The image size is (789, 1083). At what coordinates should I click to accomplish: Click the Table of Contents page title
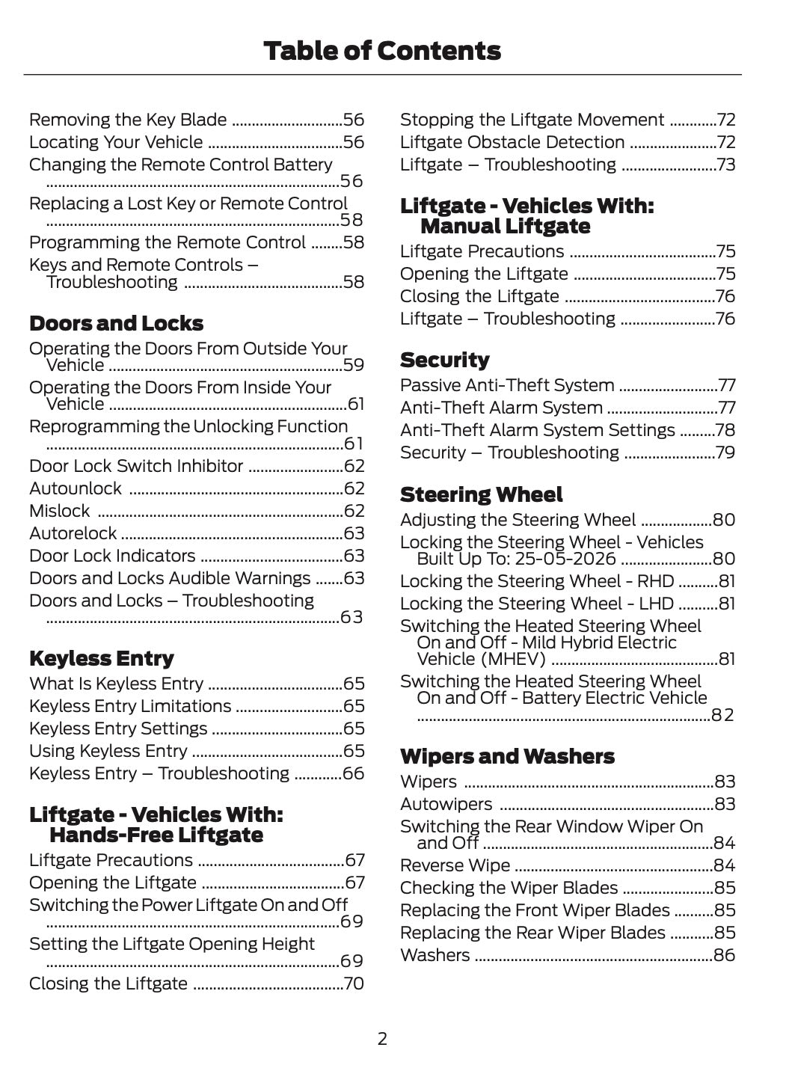coord(382,51)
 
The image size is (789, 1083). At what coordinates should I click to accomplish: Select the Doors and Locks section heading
coord(116,324)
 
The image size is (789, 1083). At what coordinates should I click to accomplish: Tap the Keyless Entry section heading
coord(101,659)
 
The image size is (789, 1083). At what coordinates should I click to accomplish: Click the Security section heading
coord(444,361)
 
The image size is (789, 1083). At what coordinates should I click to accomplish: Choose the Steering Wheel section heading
coord(481,495)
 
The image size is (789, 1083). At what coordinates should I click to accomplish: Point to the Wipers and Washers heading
coord(507,757)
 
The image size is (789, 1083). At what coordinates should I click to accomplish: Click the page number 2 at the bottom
coord(382,1039)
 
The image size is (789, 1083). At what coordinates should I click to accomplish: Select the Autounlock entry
coord(75,489)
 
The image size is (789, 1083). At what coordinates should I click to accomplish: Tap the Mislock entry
coord(59,512)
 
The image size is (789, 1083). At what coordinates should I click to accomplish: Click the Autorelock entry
coord(73,534)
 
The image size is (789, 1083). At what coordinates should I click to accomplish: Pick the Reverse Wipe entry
coord(455,866)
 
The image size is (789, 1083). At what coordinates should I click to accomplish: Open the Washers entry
coord(435,956)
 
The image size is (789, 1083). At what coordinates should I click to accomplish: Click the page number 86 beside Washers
coord(725,956)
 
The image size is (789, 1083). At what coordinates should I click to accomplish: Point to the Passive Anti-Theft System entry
coord(506,386)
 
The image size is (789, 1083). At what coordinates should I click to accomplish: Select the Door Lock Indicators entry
coord(112,556)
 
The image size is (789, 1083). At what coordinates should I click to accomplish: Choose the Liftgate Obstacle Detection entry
coord(512,143)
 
